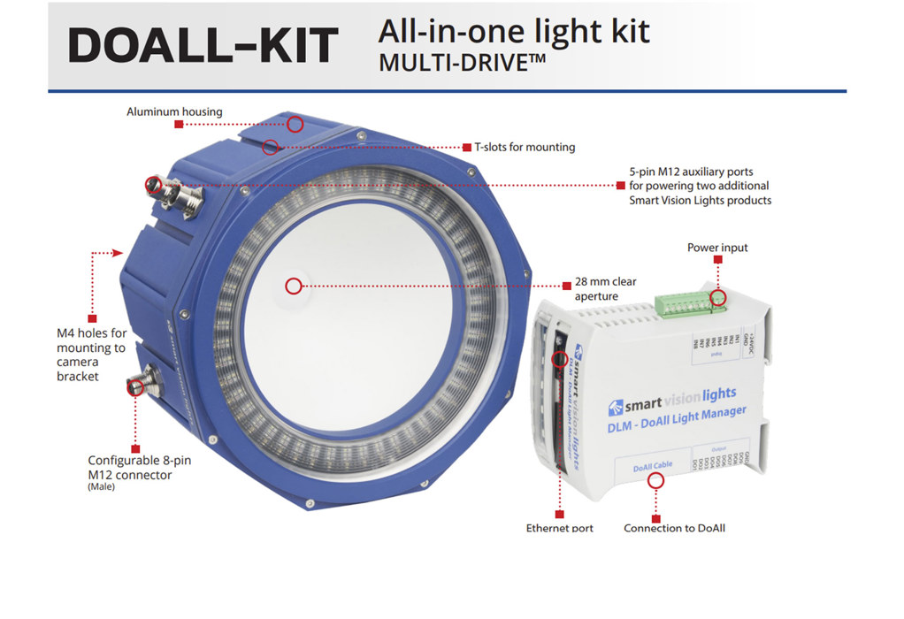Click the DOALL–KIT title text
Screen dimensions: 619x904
click(x=203, y=45)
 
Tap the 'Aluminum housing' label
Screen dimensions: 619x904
click(x=174, y=112)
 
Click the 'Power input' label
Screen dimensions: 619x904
click(x=717, y=248)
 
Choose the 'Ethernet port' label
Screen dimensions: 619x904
click(x=559, y=528)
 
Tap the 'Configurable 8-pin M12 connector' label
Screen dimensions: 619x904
click(x=130, y=468)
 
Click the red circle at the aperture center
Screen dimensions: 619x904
click(x=294, y=286)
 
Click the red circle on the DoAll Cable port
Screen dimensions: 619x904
click(x=655, y=480)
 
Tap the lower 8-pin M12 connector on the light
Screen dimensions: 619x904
click(x=142, y=385)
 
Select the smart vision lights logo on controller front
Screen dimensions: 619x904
click(x=673, y=401)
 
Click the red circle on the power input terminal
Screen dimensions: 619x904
click(x=717, y=298)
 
